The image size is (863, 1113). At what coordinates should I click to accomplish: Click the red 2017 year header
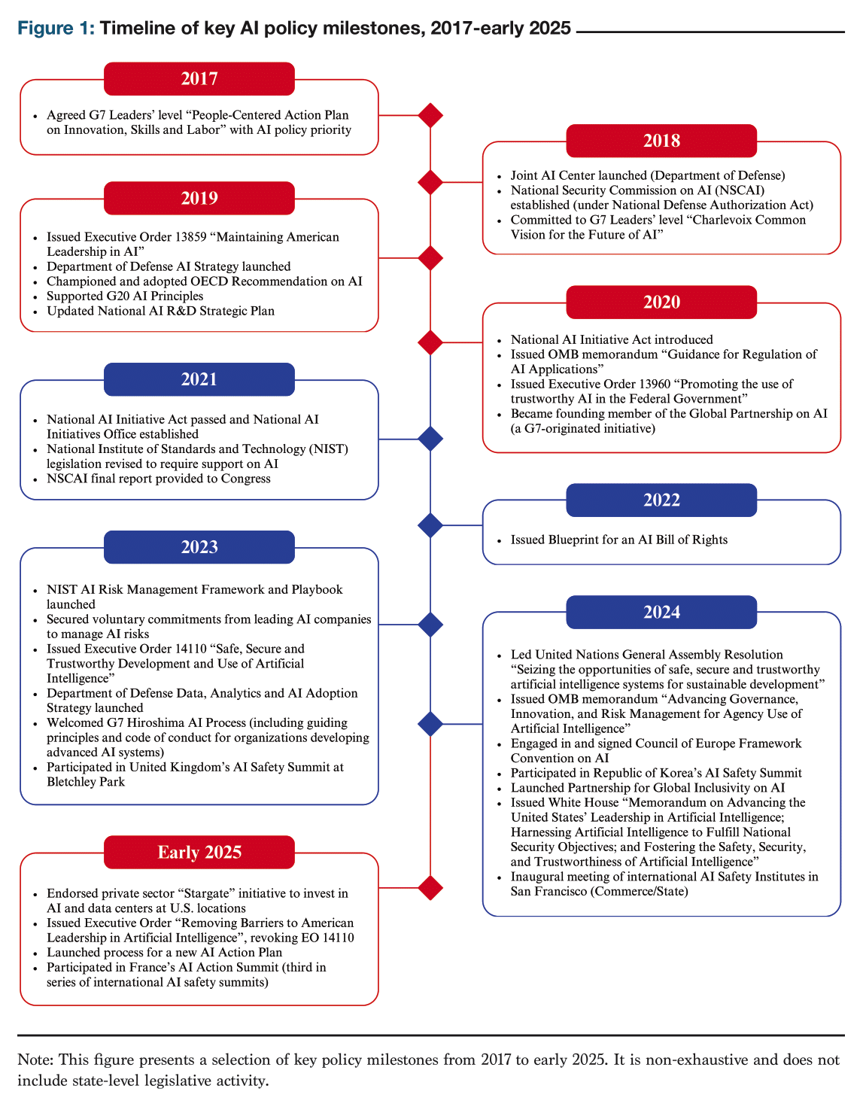coord(199,78)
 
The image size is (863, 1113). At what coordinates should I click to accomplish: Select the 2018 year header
coord(661,141)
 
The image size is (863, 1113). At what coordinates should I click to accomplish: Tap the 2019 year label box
coord(199,198)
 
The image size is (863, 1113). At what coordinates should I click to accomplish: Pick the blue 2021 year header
coord(199,379)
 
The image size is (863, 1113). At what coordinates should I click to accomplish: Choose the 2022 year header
coord(661,500)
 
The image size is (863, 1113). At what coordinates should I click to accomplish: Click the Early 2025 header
coord(199,852)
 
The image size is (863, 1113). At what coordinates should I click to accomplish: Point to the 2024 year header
coord(661,612)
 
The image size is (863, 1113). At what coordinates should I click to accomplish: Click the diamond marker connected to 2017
coord(430,115)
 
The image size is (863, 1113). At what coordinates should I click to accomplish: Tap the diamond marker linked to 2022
coord(430,525)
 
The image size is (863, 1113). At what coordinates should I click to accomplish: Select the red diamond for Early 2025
coord(430,887)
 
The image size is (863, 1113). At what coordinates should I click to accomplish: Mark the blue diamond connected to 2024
coord(430,724)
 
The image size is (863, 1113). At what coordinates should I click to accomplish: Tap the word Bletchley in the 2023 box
coord(74,782)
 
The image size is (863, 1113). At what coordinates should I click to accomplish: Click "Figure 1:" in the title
coord(56,29)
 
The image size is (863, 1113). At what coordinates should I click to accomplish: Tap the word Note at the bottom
coord(35,1060)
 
